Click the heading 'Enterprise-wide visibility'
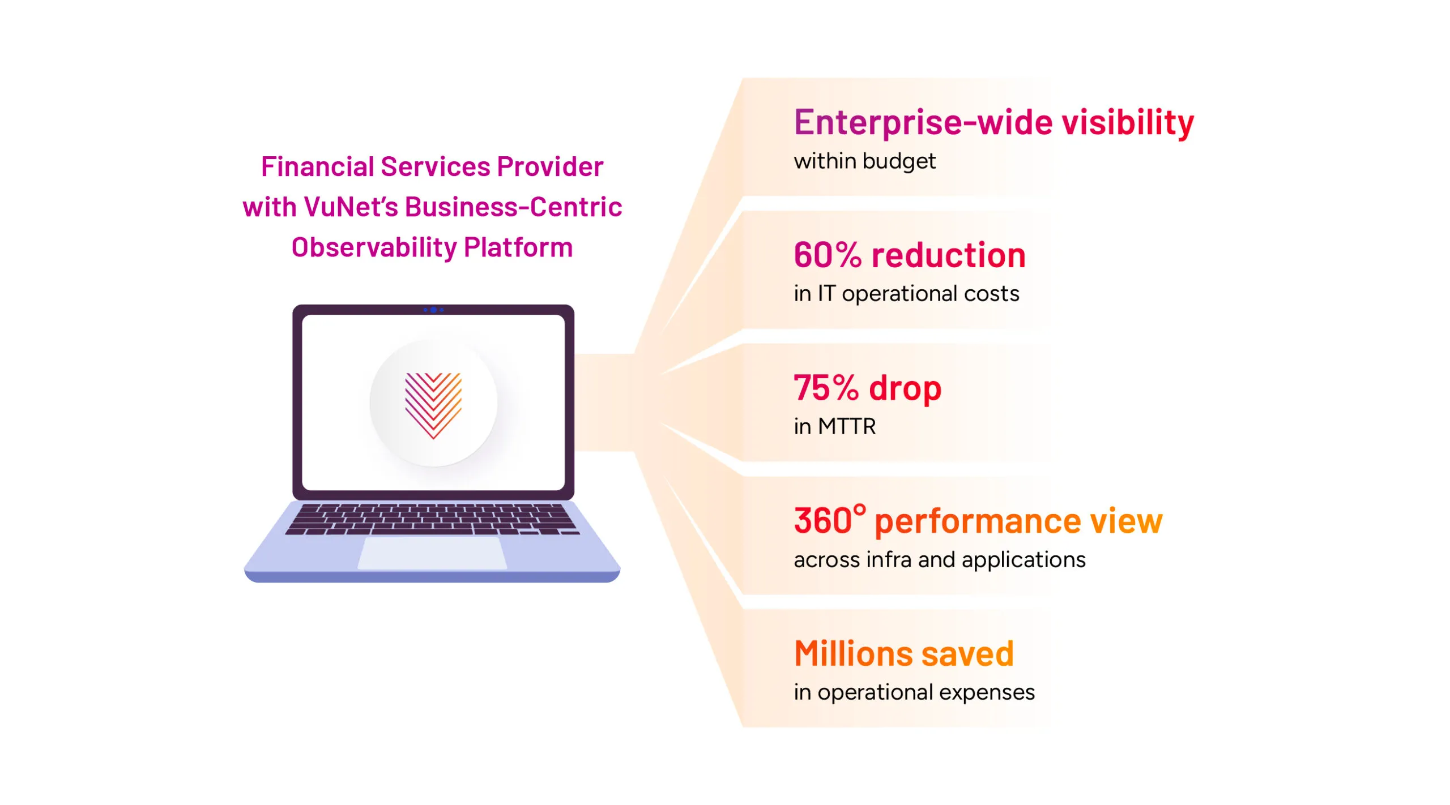click(993, 123)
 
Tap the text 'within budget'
click(864, 161)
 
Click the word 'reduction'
click(949, 255)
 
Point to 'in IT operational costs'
click(906, 294)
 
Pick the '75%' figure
click(826, 388)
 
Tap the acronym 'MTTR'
click(846, 427)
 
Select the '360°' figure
click(829, 520)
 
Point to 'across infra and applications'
click(940, 560)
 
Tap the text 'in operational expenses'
click(914, 692)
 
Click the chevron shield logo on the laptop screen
click(433, 404)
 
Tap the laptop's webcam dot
click(433, 310)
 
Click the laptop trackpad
click(433, 553)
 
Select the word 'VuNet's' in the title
click(351, 207)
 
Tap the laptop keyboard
click(433, 519)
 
